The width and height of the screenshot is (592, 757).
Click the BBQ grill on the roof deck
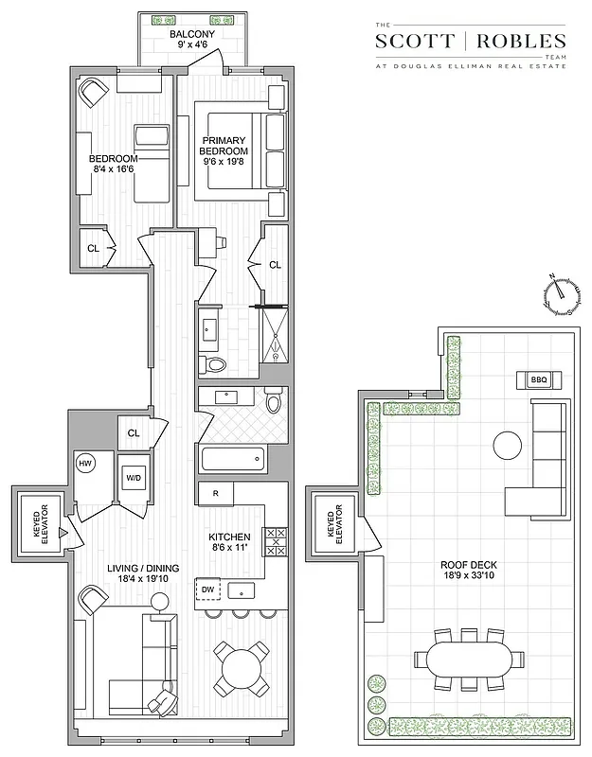pyautogui.click(x=539, y=380)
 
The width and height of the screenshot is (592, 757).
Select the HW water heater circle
pyautogui.click(x=86, y=464)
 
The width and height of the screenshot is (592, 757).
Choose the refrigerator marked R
pyautogui.click(x=216, y=494)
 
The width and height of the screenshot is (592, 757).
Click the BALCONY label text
pyautogui.click(x=192, y=35)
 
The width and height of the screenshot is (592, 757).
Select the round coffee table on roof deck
pyautogui.click(x=507, y=445)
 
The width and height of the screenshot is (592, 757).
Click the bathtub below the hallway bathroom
pyautogui.click(x=233, y=462)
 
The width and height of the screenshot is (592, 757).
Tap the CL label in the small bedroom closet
pyautogui.click(x=93, y=248)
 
